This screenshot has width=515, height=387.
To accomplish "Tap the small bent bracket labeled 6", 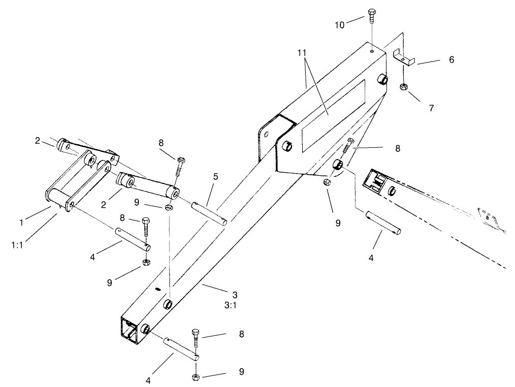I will pos(404,57).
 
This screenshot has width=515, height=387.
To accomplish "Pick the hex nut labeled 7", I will pos(403,87).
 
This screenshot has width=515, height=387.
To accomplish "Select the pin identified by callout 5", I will pos(210,212).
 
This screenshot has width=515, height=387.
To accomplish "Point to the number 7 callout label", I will pos(431,108).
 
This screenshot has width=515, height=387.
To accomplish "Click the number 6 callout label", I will pos(450,60).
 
